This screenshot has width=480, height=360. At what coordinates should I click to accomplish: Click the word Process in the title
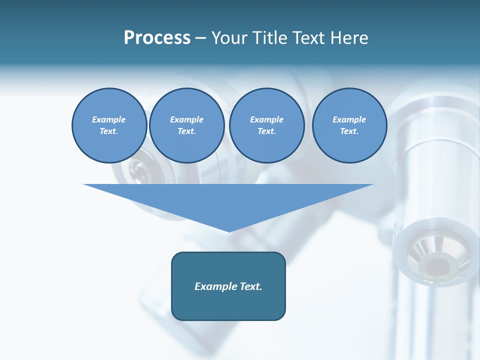click(x=157, y=38)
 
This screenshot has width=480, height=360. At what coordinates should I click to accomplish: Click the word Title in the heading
click(x=268, y=38)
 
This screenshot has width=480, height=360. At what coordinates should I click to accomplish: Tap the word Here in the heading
click(x=349, y=38)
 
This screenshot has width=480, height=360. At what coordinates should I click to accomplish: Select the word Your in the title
click(x=229, y=38)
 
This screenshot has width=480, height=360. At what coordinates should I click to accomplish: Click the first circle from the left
click(x=109, y=125)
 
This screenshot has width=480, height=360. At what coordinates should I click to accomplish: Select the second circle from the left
click(x=186, y=125)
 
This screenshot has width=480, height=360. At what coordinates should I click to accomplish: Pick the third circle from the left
click(x=266, y=125)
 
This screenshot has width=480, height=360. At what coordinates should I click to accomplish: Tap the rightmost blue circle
click(x=349, y=125)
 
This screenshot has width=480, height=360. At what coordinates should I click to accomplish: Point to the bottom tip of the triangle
click(x=229, y=231)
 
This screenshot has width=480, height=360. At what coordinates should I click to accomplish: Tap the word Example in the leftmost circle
click(x=109, y=119)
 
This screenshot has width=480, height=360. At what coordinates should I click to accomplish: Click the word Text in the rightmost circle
click(x=349, y=131)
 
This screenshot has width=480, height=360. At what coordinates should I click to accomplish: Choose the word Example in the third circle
click(x=266, y=119)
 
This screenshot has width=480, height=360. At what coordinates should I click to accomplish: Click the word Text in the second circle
click(x=186, y=131)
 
